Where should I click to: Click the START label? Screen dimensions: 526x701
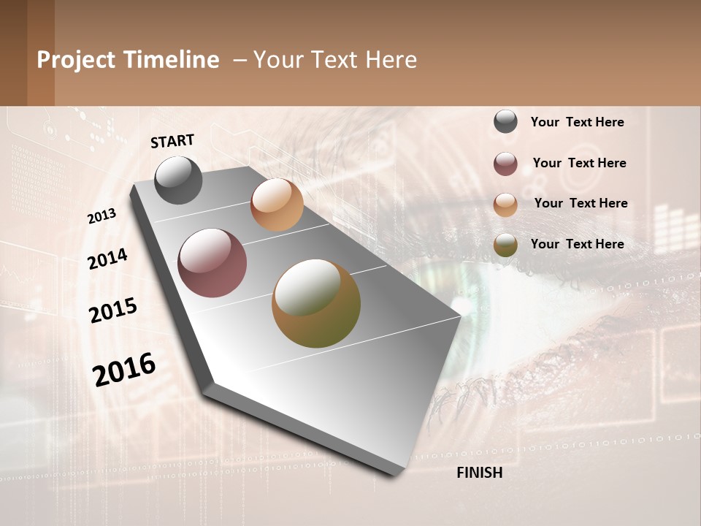(x=172, y=141)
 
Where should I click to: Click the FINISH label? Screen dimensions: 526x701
(x=479, y=473)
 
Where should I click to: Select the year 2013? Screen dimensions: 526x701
(x=102, y=216)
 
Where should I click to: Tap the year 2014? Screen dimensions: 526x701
(x=107, y=259)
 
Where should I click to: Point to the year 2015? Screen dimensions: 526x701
(x=112, y=310)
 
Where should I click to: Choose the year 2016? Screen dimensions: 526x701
(x=124, y=370)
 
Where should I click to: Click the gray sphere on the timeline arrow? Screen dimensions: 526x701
(x=178, y=180)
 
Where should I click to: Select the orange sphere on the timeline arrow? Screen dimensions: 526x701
(x=277, y=205)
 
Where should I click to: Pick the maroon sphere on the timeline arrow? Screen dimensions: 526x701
(x=212, y=263)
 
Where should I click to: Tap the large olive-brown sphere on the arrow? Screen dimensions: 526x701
(x=316, y=303)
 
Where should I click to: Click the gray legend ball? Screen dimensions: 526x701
(x=505, y=122)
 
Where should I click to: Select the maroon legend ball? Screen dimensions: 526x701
(x=505, y=164)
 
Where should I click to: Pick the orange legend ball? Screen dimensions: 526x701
(x=505, y=205)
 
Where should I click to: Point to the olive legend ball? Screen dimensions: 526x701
(x=505, y=245)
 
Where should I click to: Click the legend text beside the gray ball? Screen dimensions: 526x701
(x=577, y=122)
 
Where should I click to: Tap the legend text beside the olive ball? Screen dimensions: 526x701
(x=577, y=244)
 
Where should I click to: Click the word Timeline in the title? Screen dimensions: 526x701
(x=171, y=60)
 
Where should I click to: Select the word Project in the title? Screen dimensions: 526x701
(x=76, y=60)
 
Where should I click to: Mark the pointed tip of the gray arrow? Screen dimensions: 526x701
(x=459, y=316)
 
